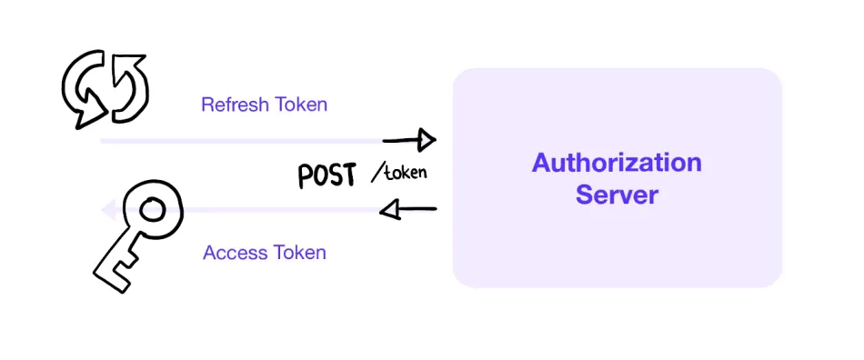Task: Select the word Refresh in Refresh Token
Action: point(232,105)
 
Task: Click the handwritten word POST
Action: point(327,175)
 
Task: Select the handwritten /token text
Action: point(400,173)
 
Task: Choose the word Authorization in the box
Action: point(617,164)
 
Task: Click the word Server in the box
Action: point(617,195)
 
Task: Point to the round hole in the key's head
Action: point(151,211)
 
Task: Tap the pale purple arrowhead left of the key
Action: point(106,211)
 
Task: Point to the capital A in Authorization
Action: point(542,164)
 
